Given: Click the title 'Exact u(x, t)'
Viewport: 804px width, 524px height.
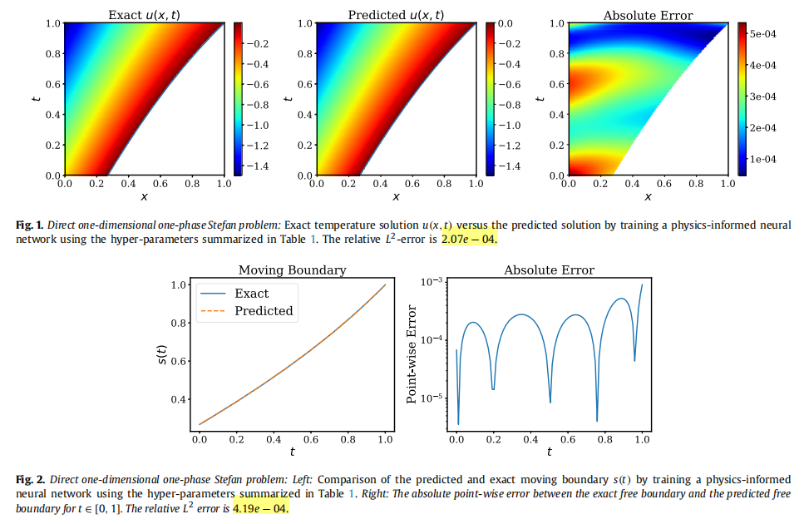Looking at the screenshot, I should coord(144,15).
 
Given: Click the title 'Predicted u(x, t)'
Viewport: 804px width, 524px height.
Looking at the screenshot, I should coord(396,15).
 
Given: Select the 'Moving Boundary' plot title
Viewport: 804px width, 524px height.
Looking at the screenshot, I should coord(292,270).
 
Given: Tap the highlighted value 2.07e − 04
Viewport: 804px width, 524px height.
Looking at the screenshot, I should coord(468,239).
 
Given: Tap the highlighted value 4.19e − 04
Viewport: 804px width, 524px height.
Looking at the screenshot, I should coord(260,507).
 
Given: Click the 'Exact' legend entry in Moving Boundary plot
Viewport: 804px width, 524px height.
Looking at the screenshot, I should coord(251,294).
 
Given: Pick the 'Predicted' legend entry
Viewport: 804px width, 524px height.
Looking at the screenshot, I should coord(264,311).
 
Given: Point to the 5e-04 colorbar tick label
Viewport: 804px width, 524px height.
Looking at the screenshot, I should coord(762,34).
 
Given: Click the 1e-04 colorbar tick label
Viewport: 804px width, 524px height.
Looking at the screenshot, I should coord(762,158).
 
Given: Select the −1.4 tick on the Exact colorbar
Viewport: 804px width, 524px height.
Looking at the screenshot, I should coord(259,166).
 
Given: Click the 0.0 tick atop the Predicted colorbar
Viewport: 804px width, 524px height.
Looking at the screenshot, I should coord(505,24).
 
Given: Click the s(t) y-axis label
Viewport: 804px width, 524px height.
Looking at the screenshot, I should coord(162,355).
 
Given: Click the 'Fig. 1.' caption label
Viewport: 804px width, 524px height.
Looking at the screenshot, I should coord(30,225).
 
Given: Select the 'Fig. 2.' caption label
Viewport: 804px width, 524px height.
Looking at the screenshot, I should coord(31,480).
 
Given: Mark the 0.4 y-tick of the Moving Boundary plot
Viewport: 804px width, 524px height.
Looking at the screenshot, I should coord(180,399).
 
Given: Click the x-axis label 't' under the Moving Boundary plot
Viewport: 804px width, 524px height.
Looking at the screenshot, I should coord(292,452).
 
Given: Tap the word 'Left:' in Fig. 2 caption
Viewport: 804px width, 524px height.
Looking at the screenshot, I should coord(301,480).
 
